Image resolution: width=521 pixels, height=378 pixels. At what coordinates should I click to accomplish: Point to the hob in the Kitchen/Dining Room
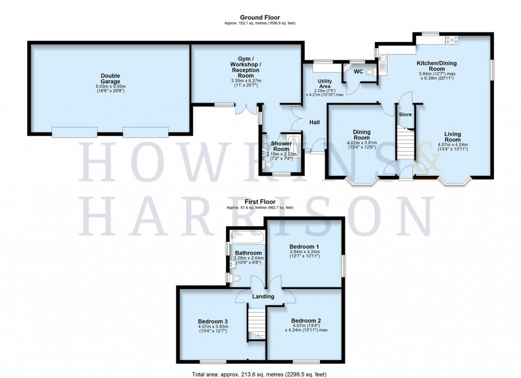tap(452, 39)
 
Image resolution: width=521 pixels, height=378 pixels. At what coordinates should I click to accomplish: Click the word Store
tap(405, 114)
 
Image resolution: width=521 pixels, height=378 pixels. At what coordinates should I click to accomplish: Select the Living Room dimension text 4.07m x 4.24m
tap(452, 144)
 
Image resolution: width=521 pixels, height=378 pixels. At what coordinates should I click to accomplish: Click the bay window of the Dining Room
tap(362, 180)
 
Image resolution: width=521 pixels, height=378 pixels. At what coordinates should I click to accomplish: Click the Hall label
tap(313, 122)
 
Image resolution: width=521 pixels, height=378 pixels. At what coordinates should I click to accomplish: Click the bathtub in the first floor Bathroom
tap(247, 237)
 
